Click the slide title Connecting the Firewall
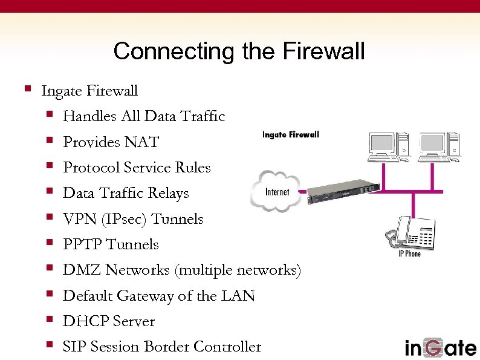(x=239, y=51)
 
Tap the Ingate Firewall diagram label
(x=290, y=134)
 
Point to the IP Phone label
(x=409, y=254)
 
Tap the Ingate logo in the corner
(x=440, y=347)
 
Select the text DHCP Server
(x=109, y=321)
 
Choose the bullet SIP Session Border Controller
(x=162, y=347)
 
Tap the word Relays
(x=169, y=194)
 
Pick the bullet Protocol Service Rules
(x=137, y=168)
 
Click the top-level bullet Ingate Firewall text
(x=89, y=91)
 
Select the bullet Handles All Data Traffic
(x=144, y=116)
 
